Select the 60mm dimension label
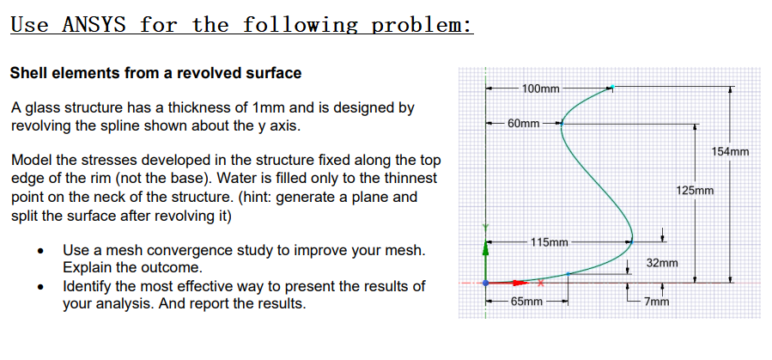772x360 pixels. point(524,124)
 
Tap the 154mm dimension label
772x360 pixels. point(731,152)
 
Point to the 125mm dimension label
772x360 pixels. point(695,191)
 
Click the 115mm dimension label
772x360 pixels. point(549,241)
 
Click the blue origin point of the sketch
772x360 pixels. point(485,282)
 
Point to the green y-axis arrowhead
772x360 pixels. point(485,252)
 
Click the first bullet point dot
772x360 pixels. point(41,252)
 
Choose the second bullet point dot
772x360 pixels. point(41,287)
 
